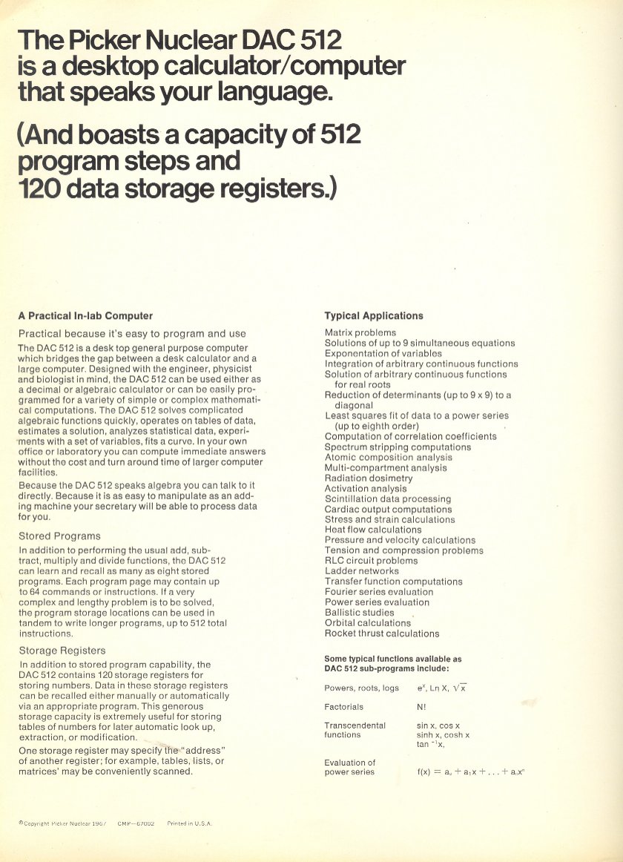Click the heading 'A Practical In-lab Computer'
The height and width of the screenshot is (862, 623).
(85, 315)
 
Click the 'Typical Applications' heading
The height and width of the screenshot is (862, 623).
(374, 315)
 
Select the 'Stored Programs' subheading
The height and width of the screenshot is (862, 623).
(59, 536)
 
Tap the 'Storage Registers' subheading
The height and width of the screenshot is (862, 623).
(62, 651)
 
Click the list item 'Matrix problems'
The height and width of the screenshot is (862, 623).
(360, 333)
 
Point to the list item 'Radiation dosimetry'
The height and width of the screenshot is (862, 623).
(369, 478)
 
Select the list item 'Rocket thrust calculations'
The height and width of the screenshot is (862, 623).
(382, 634)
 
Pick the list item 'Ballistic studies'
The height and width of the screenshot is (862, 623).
(360, 613)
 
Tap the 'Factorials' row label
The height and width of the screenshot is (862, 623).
(344, 707)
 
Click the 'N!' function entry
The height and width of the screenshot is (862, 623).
(421, 707)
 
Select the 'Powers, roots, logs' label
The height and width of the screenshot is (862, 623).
(361, 688)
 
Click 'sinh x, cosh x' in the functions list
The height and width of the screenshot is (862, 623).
(443, 734)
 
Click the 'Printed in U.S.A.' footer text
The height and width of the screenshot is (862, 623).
(189, 823)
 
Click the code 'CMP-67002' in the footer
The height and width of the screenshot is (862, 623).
(136, 823)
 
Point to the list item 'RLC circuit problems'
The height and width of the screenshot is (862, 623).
(371, 561)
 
